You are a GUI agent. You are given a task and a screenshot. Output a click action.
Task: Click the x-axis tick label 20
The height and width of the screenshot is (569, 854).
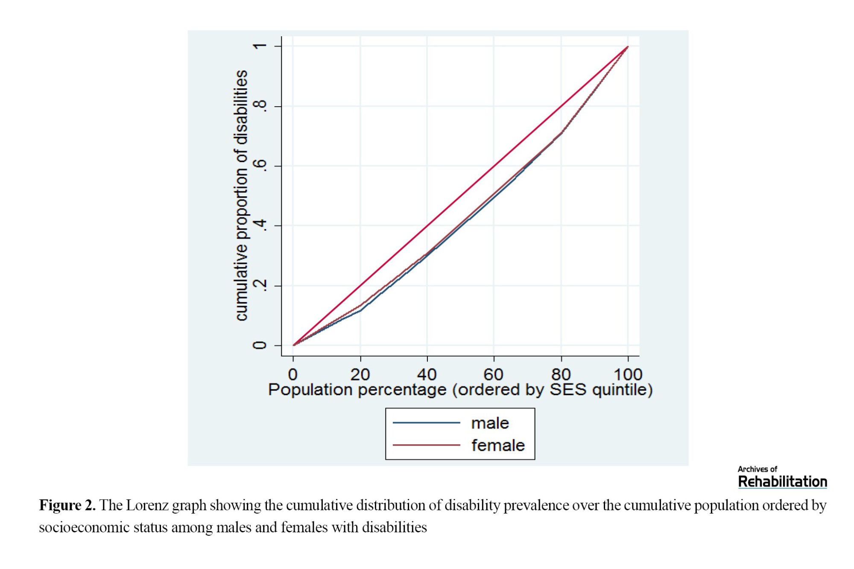point(360,374)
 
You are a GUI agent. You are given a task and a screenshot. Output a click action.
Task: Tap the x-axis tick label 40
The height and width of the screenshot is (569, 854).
point(427,374)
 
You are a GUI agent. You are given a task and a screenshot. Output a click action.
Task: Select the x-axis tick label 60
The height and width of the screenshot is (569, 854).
point(494,374)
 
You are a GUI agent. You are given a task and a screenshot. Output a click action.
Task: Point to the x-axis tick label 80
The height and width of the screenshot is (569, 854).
point(561,374)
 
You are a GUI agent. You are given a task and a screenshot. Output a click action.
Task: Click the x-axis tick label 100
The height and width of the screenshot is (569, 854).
point(628,374)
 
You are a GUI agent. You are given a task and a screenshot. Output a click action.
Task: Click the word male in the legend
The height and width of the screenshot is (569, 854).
point(490,423)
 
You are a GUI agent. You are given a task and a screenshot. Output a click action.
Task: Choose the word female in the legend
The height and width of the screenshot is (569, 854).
point(498,445)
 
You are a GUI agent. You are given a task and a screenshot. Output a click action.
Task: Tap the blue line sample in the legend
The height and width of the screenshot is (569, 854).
point(426,423)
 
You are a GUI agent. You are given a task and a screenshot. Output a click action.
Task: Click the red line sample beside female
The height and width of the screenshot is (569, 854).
point(426,445)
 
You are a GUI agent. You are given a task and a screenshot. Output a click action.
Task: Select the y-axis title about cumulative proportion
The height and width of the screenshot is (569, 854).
point(241,195)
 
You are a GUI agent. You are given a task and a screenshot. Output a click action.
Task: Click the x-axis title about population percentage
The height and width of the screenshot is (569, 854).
point(460,390)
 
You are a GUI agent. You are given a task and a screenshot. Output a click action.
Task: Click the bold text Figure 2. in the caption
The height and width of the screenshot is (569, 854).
point(67,505)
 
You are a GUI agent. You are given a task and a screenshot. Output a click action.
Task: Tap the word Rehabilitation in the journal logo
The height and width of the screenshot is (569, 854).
point(782,482)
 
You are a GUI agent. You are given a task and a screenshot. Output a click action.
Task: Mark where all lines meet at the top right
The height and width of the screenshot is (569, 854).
point(628,47)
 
